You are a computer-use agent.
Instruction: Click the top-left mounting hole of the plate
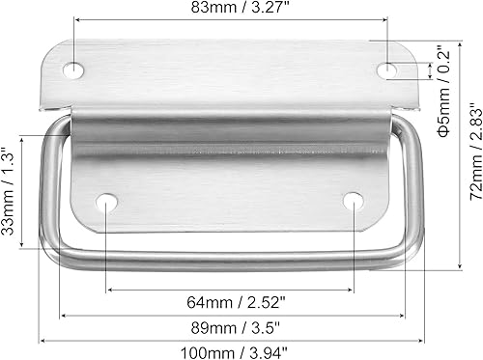pos(73,69)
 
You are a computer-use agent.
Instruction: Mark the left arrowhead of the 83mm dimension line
pos(76,24)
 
